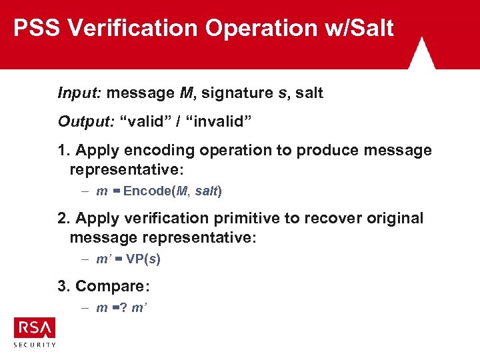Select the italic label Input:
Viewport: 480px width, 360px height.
point(79,93)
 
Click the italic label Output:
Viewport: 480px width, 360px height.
point(85,122)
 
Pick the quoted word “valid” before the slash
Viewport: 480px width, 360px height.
point(147,122)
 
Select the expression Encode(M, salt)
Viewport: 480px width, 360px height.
point(173,191)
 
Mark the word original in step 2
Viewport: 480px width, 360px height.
point(391,219)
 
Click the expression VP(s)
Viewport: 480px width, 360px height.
point(143,259)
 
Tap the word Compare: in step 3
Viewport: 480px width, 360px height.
point(113,287)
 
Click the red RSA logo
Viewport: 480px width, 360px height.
point(35,328)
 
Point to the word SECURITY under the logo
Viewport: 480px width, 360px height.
point(35,345)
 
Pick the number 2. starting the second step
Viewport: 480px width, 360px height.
point(64,219)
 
